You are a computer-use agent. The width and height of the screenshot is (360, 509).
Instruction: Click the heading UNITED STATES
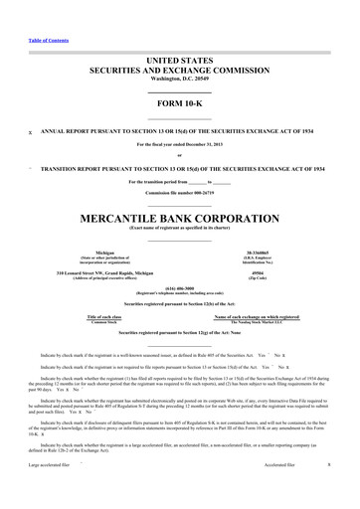pyautogui.click(x=180, y=62)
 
